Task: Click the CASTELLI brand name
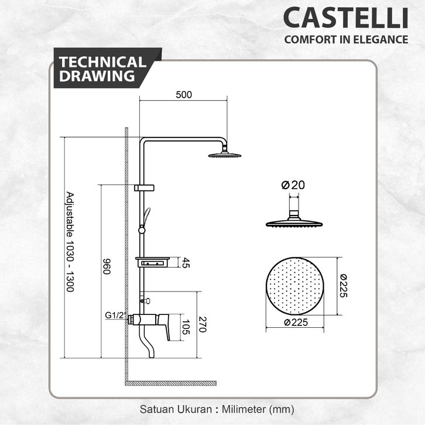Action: tap(345, 18)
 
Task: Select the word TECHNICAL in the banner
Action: tap(102, 62)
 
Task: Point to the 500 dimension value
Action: tap(184, 94)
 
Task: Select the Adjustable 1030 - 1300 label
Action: tap(69, 242)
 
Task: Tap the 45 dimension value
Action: tap(186, 262)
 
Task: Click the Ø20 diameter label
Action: tap(293, 184)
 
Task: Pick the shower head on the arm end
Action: tap(224, 155)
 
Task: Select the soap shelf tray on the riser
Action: tap(153, 262)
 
